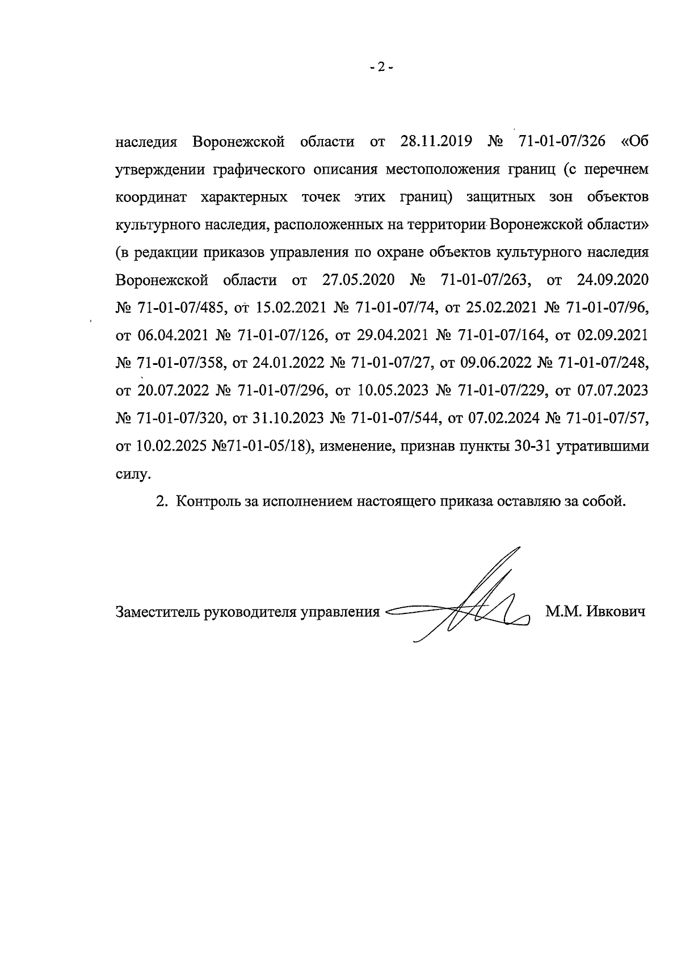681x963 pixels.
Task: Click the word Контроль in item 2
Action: click(206, 502)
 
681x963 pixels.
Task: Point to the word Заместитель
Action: click(150, 612)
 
